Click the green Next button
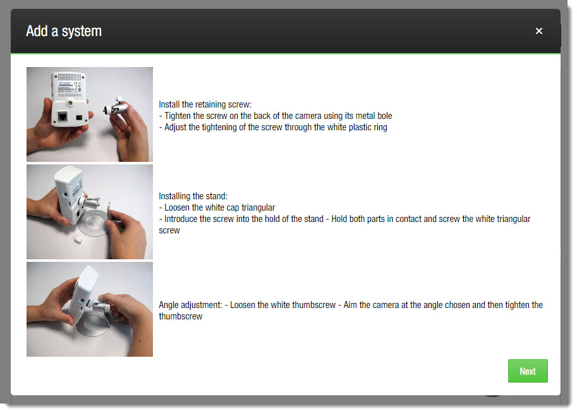pos(527,371)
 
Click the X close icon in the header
pos(538,31)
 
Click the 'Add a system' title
pos(64,32)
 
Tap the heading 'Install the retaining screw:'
pos(205,104)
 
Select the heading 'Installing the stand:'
pos(193,196)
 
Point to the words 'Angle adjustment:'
pos(190,305)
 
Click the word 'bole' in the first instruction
pos(384,116)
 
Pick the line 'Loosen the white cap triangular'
pos(220,207)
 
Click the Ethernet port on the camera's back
pos(63,116)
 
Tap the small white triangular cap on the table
pos(78,240)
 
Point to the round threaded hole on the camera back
pos(70,104)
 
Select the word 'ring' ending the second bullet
pos(380,128)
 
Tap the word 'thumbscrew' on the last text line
pos(180,316)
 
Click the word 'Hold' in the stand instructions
pos(339,219)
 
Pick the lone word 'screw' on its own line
pos(169,230)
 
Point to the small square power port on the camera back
pos(79,118)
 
